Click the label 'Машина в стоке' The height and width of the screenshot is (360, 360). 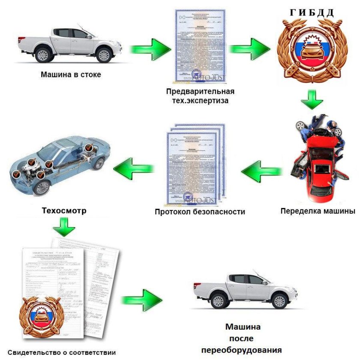coord(71,75)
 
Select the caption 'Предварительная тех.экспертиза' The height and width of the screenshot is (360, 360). coord(201,96)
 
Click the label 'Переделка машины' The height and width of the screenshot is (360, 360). coord(318,211)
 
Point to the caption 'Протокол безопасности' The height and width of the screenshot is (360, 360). coord(200,212)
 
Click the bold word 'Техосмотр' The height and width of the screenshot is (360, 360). coord(64,211)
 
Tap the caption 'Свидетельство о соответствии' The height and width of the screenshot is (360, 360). coord(62,353)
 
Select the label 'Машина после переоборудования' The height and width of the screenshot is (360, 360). coord(243,338)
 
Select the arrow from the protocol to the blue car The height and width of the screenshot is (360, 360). coord(133,169)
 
